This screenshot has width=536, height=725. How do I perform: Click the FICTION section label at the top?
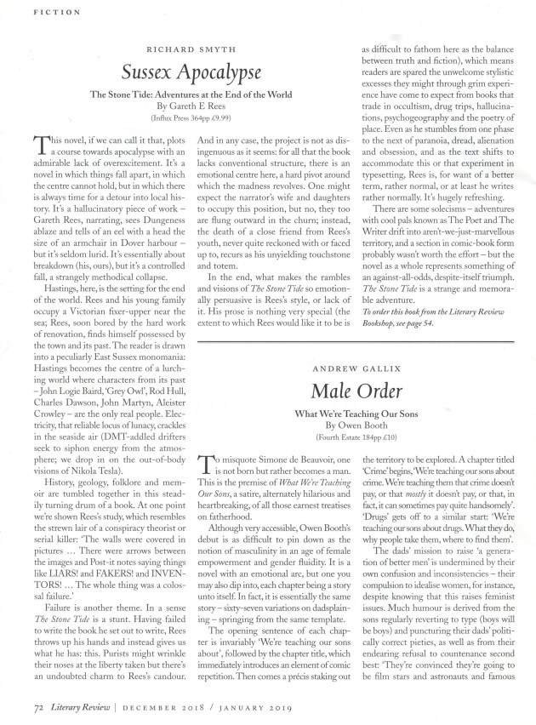(x=42, y=12)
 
